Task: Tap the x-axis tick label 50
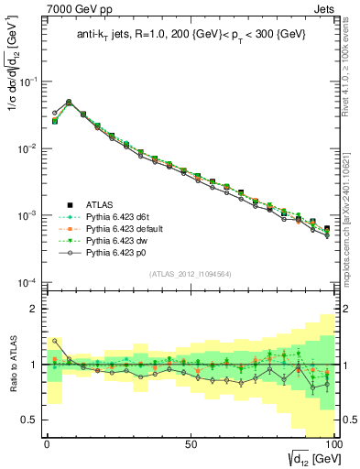click(x=191, y=443)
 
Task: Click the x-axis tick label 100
click(x=333, y=443)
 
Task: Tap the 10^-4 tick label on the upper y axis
click(x=27, y=282)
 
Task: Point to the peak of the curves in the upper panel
click(x=69, y=102)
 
